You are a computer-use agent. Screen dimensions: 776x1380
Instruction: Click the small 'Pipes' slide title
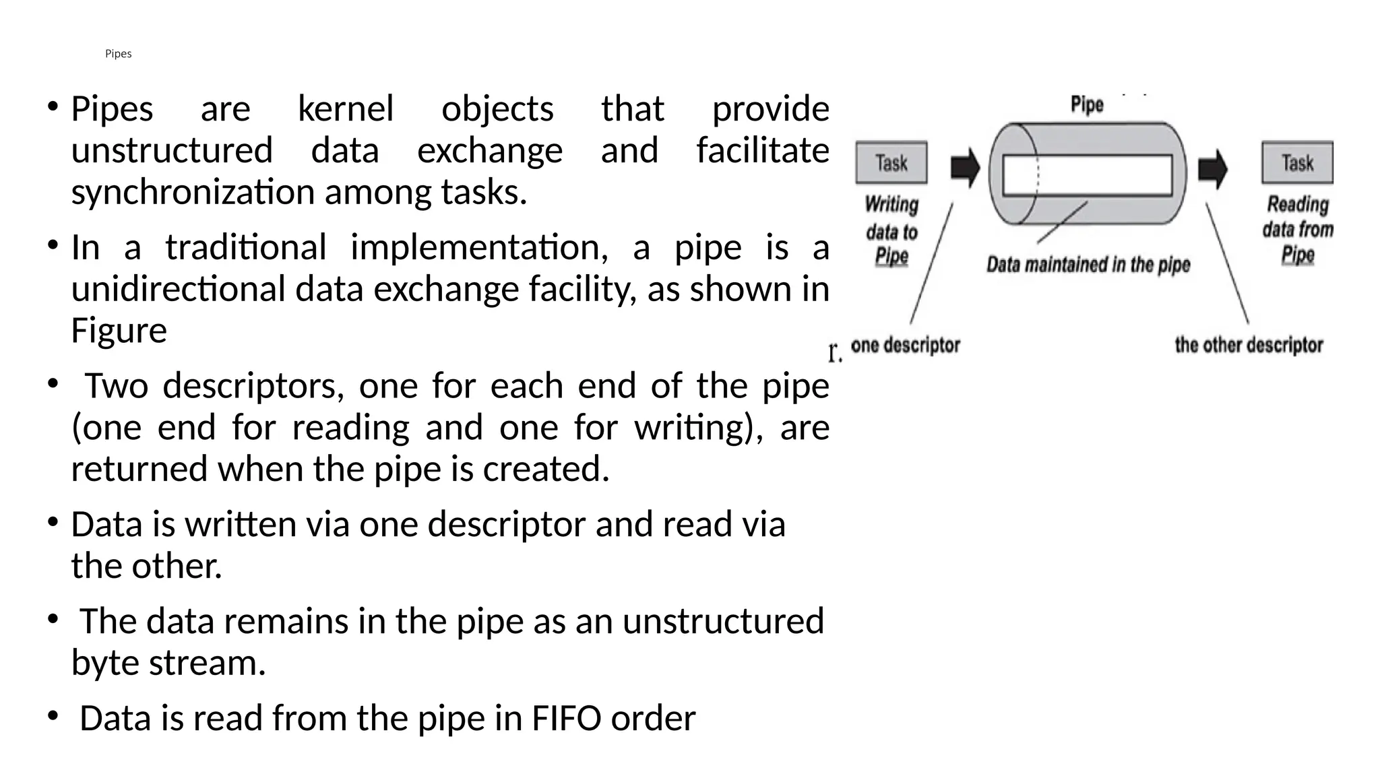pos(118,54)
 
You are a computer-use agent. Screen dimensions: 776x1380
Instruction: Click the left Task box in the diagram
pos(891,162)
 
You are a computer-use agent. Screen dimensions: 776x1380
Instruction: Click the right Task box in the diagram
pos(1297,162)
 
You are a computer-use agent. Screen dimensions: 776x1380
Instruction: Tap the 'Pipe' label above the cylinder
pos(1087,105)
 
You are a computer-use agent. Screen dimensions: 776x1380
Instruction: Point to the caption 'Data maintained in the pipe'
pos(1088,265)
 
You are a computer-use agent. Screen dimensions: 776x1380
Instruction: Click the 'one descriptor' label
pos(905,346)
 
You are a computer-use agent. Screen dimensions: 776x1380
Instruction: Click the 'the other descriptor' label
pos(1249,346)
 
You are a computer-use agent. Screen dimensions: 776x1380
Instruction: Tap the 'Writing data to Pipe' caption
pos(891,230)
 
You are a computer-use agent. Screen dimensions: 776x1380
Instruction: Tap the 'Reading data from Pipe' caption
pos(1298,230)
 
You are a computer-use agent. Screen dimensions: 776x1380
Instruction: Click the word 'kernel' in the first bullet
pos(346,108)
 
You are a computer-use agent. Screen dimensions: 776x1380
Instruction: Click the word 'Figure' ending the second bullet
pos(119,331)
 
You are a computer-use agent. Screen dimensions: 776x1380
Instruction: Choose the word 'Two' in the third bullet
pos(116,386)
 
